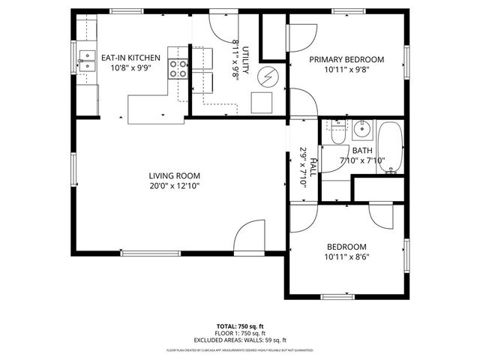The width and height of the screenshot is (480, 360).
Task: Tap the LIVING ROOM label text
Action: point(173,175)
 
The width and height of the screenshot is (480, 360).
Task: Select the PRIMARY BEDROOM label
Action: point(346,60)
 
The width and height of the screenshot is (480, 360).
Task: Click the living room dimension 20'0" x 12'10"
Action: point(173,186)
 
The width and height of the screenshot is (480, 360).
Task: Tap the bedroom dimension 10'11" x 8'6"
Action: point(346,257)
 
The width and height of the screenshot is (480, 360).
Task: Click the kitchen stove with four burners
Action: point(179,68)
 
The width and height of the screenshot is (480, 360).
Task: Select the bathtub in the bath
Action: point(390,149)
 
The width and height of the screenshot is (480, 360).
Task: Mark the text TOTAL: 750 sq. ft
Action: point(240,326)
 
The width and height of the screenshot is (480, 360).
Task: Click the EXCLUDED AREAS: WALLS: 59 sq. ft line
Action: point(240,340)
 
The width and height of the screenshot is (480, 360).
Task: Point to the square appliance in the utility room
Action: point(262,102)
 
